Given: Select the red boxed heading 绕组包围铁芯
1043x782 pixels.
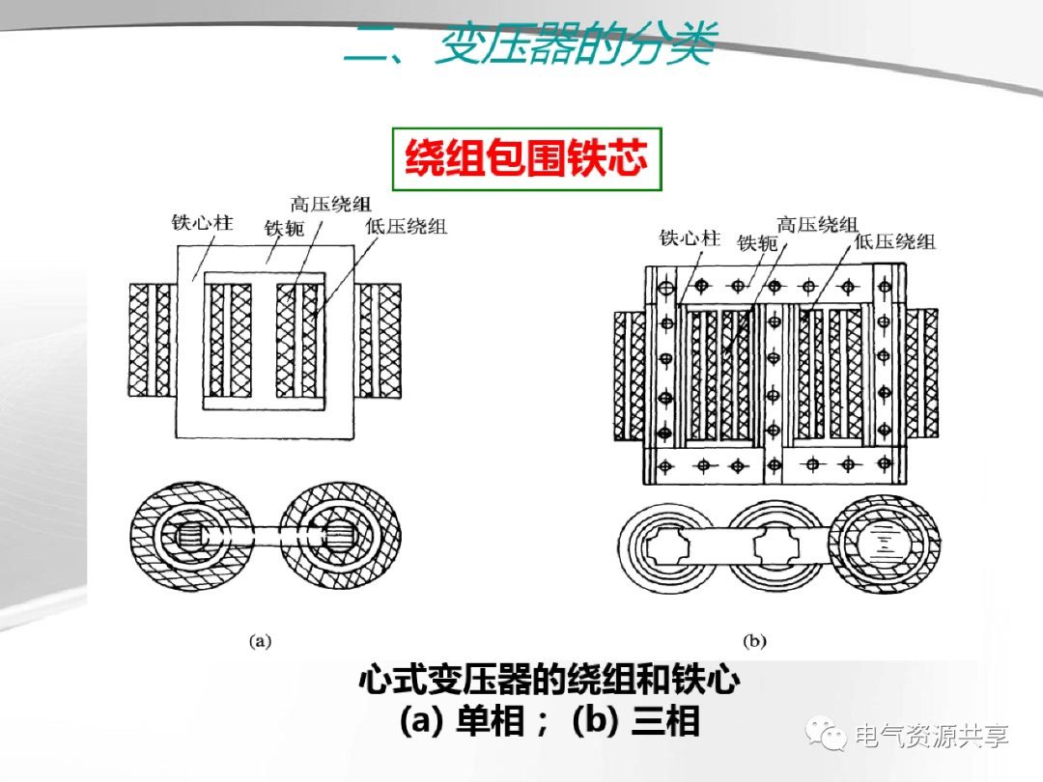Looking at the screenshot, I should [525, 158].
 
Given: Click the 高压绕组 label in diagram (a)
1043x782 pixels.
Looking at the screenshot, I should [330, 205].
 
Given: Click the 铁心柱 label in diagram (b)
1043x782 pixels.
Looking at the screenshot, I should [690, 237].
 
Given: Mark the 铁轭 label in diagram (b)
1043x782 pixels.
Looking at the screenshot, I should [757, 243].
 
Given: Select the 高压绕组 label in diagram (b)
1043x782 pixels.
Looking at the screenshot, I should [817, 225].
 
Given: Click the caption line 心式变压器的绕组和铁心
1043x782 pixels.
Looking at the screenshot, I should [549, 683].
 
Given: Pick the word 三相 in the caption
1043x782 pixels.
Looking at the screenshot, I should [665, 721].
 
